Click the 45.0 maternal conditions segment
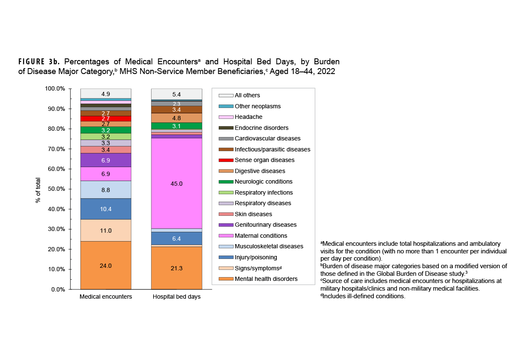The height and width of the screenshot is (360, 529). coord(176,184)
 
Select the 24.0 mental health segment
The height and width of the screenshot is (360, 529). coord(106,266)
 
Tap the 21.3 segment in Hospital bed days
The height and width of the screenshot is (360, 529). coord(176,268)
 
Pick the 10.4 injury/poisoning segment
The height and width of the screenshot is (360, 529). coord(106,209)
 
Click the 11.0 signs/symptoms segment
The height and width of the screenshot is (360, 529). coord(106,231)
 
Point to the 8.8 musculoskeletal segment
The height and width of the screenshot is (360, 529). coord(106,190)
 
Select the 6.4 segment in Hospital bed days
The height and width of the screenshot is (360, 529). coord(176,239)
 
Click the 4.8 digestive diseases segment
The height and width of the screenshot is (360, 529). coord(176,118)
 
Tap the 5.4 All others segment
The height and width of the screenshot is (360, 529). coord(176,94)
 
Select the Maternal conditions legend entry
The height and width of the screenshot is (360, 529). coord(261,236)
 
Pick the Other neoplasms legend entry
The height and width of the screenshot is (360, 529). coord(257,106)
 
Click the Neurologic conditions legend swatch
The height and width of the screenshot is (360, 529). coord(226,182)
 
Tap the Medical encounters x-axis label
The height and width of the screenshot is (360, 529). coord(106,297)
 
